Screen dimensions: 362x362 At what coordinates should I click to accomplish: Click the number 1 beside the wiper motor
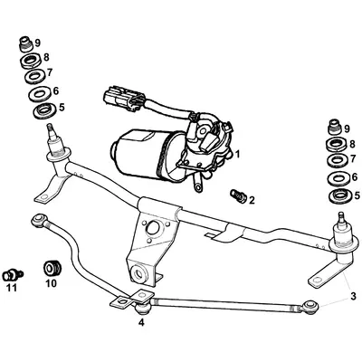236,155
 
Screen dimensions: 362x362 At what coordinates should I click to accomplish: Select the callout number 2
252,198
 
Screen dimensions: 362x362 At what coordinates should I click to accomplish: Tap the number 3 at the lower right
352,296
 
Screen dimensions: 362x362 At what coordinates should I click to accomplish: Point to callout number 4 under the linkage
140,321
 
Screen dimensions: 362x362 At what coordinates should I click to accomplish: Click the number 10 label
50,283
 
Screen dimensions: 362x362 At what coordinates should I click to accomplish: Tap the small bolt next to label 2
237,193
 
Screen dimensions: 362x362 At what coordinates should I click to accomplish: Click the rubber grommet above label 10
52,268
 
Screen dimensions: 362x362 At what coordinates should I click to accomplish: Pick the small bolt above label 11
13,272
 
